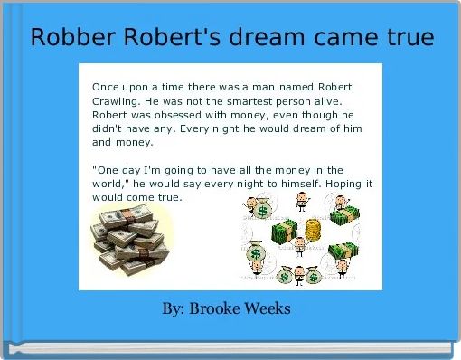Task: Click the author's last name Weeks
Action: (267, 309)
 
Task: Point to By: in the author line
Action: (174, 309)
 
